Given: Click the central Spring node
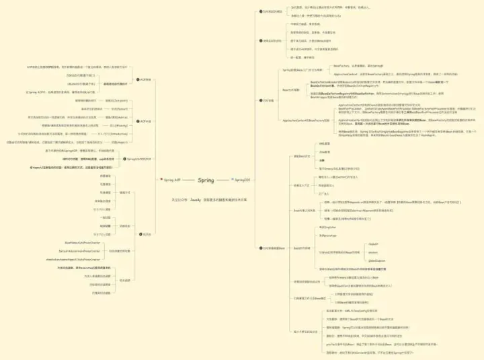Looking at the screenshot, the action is tap(206, 180).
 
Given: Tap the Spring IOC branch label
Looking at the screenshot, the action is tap(242, 180).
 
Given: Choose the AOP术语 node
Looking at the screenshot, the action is tap(145, 121).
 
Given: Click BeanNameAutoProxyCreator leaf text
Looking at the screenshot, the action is tap(82, 242).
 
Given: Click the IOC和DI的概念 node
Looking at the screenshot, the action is tap(272, 12).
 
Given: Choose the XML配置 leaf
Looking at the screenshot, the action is tap(325, 143).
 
